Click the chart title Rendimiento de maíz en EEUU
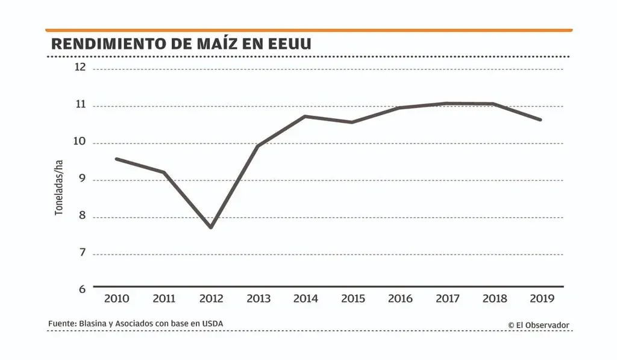[181, 45]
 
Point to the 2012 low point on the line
[211, 227]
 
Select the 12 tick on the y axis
[80, 68]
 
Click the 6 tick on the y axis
[81, 289]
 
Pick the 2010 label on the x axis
[116, 298]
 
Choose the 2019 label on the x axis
[541, 298]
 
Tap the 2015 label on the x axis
[352, 298]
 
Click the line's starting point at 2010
[116, 159]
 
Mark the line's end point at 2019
[540, 119]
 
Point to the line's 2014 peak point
[305, 116]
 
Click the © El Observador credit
[538, 325]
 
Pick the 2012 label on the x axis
[211, 298]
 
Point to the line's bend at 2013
[258, 146]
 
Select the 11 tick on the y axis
[81, 105]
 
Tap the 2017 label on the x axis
[447, 298]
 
